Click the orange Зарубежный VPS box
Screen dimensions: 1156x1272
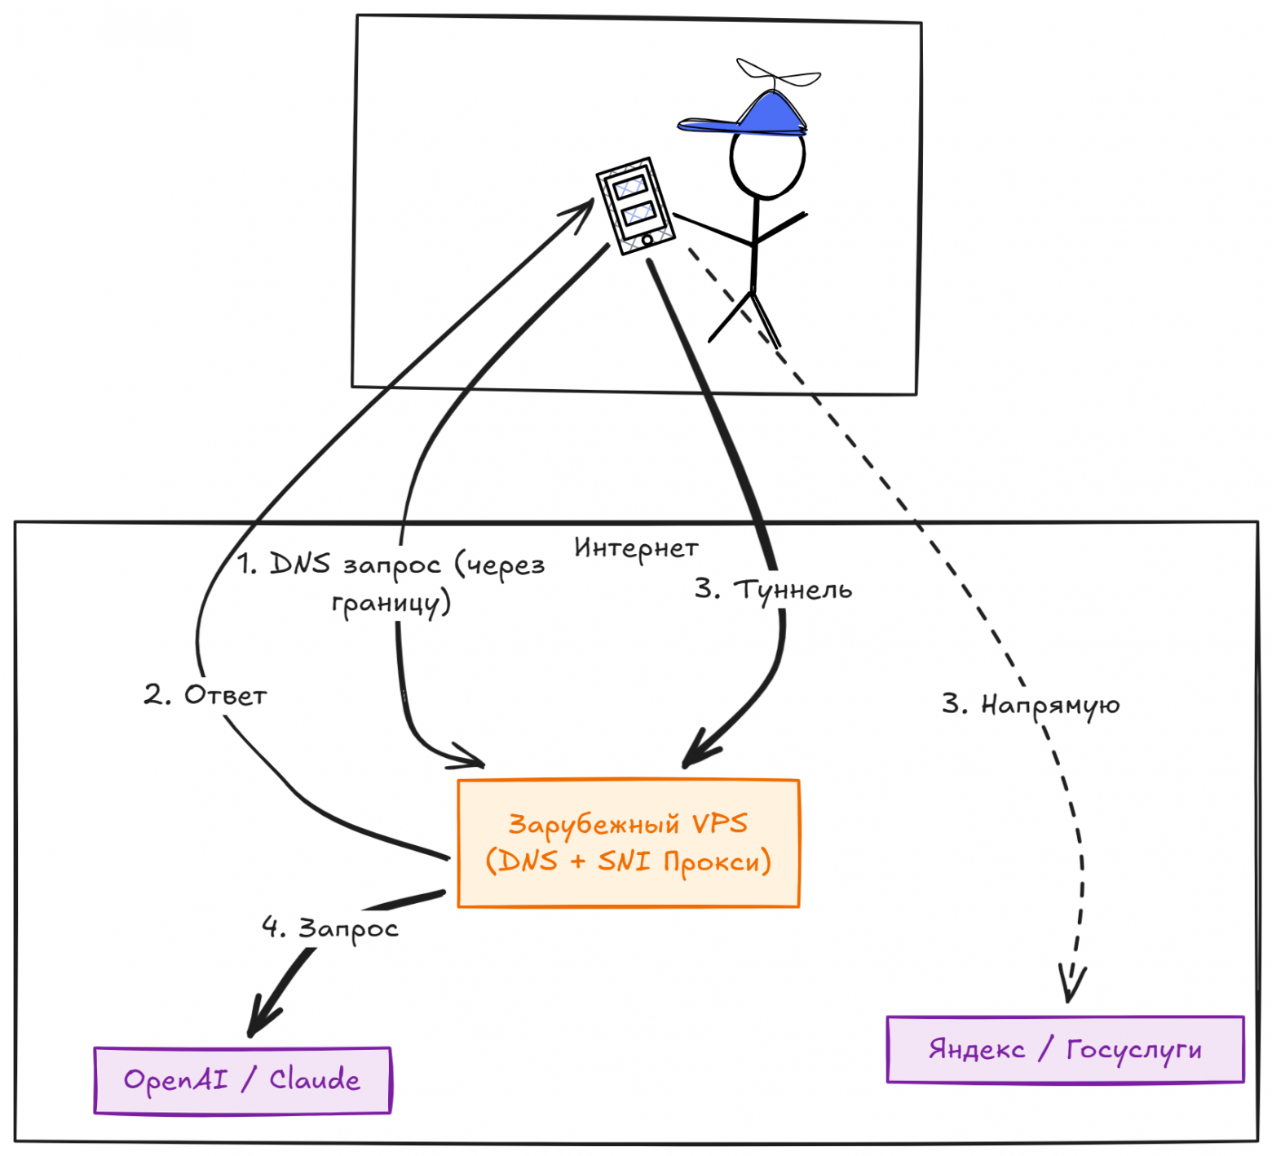[x=628, y=843]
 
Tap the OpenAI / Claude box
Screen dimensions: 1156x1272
[x=242, y=1080]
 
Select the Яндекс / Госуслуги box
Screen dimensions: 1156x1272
[x=1065, y=1049]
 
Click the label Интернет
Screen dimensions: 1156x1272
[x=636, y=548]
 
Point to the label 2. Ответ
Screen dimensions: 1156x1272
[x=205, y=695]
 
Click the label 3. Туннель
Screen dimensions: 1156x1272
[x=773, y=589]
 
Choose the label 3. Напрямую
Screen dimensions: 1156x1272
[x=1031, y=704]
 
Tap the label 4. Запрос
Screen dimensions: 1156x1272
[x=330, y=928]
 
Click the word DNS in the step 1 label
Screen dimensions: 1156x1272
[x=300, y=564]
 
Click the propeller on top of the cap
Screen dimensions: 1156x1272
[x=778, y=75]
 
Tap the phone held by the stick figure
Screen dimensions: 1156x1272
[x=635, y=206]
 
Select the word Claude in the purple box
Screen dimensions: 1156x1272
[x=314, y=1079]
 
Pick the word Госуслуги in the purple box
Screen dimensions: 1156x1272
[x=1133, y=1050]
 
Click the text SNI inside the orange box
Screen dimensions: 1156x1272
[x=624, y=861]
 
